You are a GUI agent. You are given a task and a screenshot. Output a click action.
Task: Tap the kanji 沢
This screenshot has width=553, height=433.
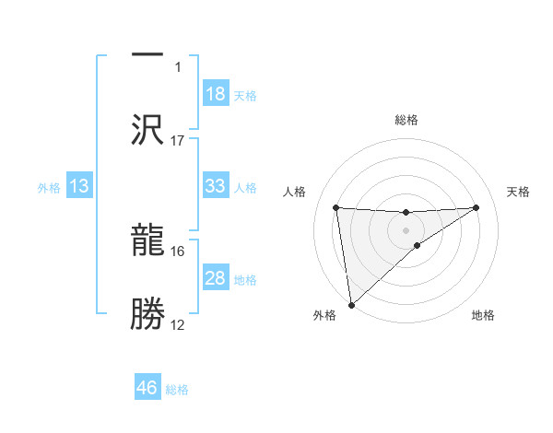pyautogui.click(x=147, y=129)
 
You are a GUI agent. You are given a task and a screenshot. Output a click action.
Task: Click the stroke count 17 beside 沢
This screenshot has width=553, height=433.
pyautogui.click(x=178, y=141)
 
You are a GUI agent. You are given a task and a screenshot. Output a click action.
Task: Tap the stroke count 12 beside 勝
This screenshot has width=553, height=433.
pyautogui.click(x=178, y=325)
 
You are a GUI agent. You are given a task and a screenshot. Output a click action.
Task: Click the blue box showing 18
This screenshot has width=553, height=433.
pyautogui.click(x=215, y=94)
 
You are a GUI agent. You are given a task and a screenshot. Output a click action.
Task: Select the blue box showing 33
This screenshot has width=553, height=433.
pyautogui.click(x=215, y=186)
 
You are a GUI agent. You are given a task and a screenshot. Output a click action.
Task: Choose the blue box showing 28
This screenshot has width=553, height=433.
pyautogui.click(x=215, y=278)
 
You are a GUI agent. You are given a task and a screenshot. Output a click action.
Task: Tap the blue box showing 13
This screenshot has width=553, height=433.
pyautogui.click(x=79, y=186)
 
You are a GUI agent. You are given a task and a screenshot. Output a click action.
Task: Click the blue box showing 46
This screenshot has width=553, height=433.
pyautogui.click(x=147, y=388)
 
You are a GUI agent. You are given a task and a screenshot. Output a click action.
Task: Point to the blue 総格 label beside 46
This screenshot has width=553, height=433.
pyautogui.click(x=177, y=390)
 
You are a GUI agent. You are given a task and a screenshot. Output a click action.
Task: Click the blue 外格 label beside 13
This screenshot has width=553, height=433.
pyautogui.click(x=49, y=188)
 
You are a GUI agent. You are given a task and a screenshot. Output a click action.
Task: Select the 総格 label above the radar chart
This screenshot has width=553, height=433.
pyautogui.click(x=406, y=120)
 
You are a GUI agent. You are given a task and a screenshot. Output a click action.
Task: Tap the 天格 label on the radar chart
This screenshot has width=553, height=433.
pyautogui.click(x=519, y=192)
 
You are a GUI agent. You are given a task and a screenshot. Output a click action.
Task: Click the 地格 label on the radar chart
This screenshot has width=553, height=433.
pyautogui.click(x=483, y=316)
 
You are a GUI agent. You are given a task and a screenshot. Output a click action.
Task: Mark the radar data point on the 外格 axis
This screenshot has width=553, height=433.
pyautogui.click(x=350, y=304)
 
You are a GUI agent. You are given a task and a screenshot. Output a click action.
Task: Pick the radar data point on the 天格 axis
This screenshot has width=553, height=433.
pyautogui.click(x=477, y=207)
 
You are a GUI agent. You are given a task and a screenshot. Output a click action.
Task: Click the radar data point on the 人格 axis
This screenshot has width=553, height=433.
pyautogui.click(x=336, y=207)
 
